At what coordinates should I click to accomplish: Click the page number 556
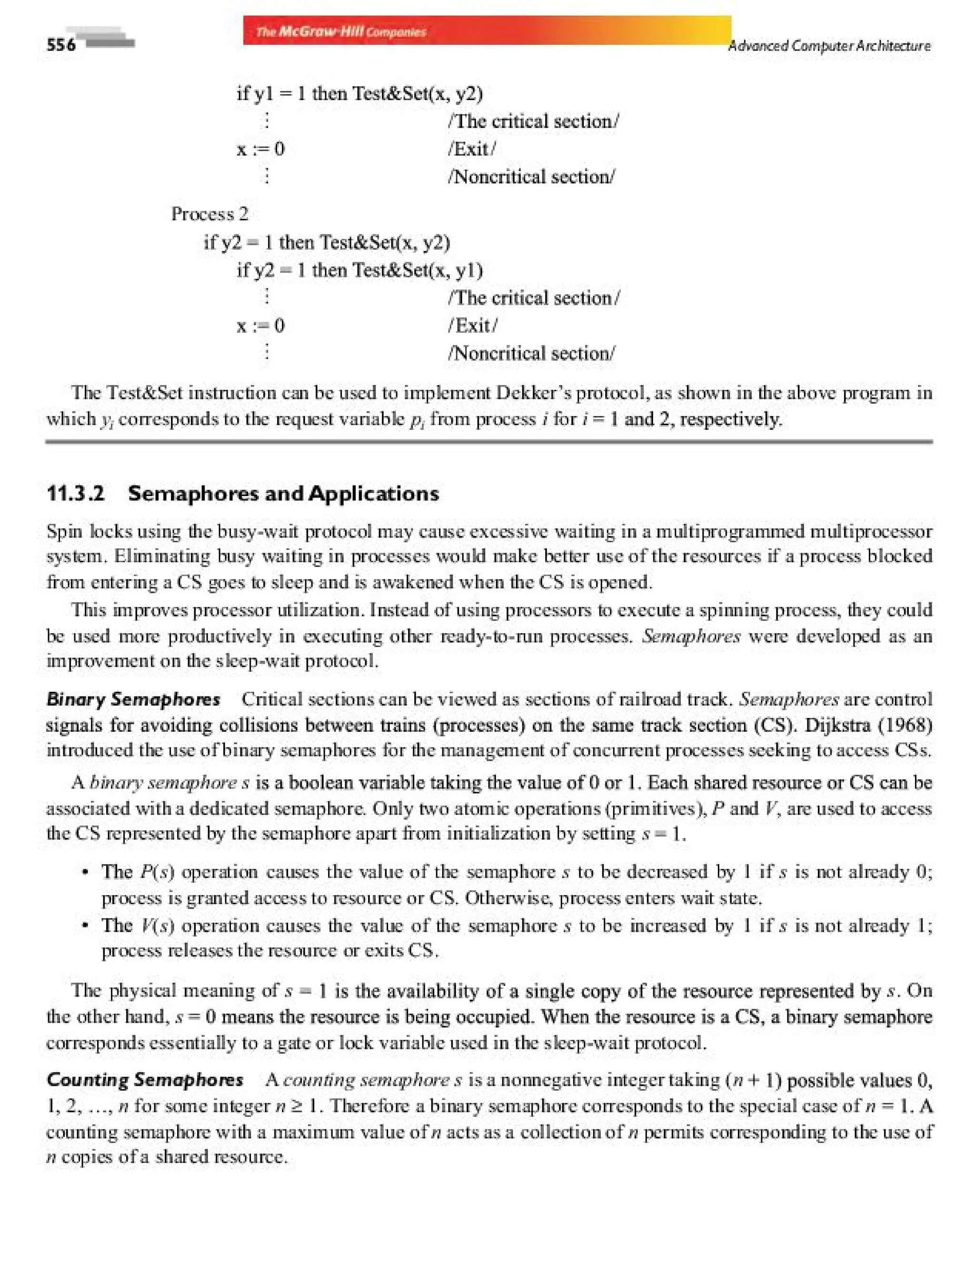[x=61, y=45]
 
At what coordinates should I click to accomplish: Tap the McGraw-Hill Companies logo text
[x=341, y=31]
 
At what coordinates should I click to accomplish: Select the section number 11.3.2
[x=75, y=494]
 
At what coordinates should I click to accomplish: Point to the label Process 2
[x=209, y=214]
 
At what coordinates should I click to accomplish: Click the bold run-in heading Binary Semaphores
[x=133, y=699]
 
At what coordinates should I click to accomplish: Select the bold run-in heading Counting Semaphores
[x=145, y=1080]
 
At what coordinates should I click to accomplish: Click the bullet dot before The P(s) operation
[x=85, y=872]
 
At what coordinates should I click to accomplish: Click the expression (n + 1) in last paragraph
[x=753, y=1080]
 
